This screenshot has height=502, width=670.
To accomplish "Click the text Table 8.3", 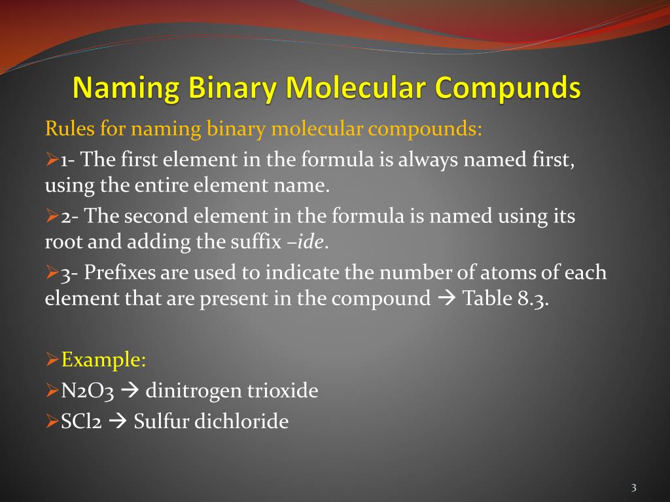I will coord(505,299).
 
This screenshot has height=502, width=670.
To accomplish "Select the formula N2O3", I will coord(88,391).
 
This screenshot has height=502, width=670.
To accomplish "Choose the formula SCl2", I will coord(82,422).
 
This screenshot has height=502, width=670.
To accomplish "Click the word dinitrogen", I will coord(194,391).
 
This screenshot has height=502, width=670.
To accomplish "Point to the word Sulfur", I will coord(164,422).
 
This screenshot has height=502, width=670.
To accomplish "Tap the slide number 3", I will coord(634,488).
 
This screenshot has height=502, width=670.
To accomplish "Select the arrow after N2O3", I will coord(130,391).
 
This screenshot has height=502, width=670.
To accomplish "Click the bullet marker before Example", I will coord(52,360).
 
